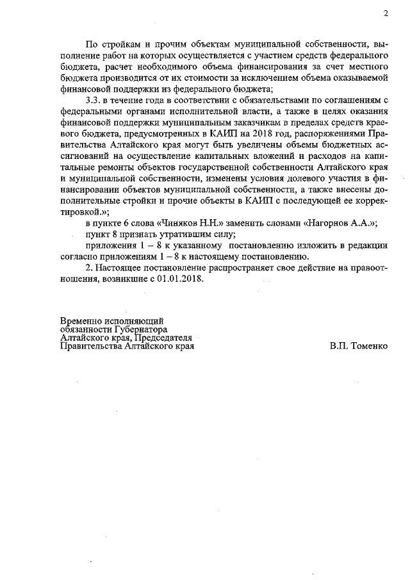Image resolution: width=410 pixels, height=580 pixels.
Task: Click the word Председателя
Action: click(163, 336)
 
